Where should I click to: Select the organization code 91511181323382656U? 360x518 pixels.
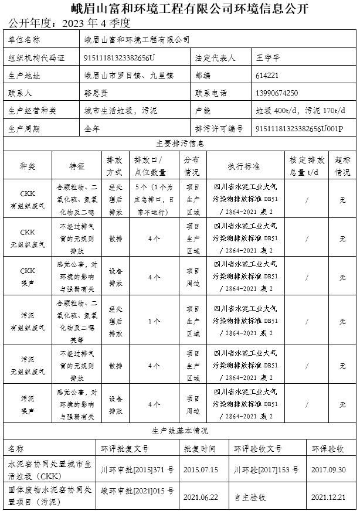(120, 58)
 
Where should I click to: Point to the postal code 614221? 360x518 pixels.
(267, 76)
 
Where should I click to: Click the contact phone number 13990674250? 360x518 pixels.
(277, 93)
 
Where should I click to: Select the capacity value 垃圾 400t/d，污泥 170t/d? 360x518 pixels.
(301, 111)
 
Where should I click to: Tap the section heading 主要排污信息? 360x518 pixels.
(180, 143)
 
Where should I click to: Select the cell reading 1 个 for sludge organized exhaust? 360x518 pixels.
(154, 321)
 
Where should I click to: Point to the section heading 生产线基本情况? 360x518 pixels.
(180, 431)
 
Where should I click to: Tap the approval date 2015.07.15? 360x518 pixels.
(201, 470)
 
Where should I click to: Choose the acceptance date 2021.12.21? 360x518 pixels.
(328, 497)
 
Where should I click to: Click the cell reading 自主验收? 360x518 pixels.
(250, 497)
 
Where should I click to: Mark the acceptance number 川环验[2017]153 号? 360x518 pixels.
(266, 470)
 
